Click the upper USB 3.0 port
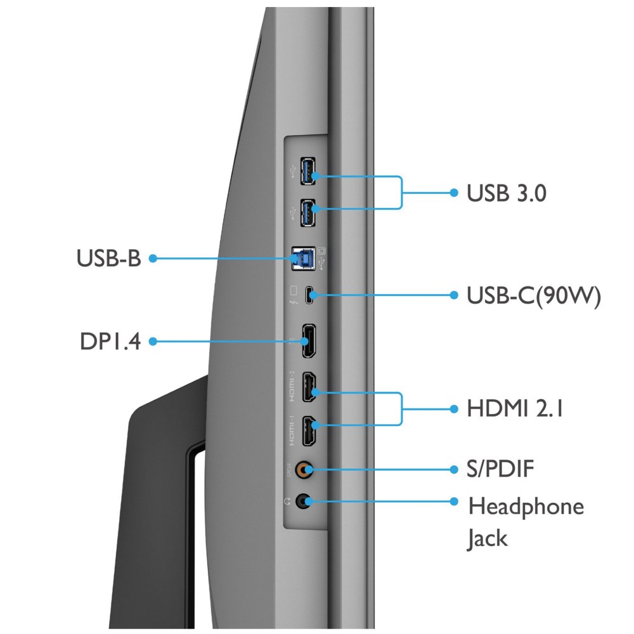click(x=307, y=171)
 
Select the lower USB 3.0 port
click(x=307, y=212)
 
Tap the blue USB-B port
click(x=303, y=259)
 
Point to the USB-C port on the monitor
click(x=309, y=295)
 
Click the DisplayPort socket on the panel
click(x=309, y=341)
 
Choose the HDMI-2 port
click(x=309, y=387)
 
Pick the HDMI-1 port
click(x=309, y=431)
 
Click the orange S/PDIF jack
click(x=304, y=470)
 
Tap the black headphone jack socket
click(x=304, y=501)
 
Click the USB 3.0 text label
click(x=506, y=193)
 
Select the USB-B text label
click(x=109, y=258)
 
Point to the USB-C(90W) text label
click(x=534, y=296)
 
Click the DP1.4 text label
click(x=110, y=341)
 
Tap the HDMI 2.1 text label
click(x=515, y=408)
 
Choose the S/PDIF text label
click(x=500, y=469)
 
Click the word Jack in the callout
click(x=487, y=539)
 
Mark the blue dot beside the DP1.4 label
click(x=153, y=342)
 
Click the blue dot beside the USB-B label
click(x=153, y=259)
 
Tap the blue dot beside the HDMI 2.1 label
click(x=454, y=409)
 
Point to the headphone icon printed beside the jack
click(x=287, y=501)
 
